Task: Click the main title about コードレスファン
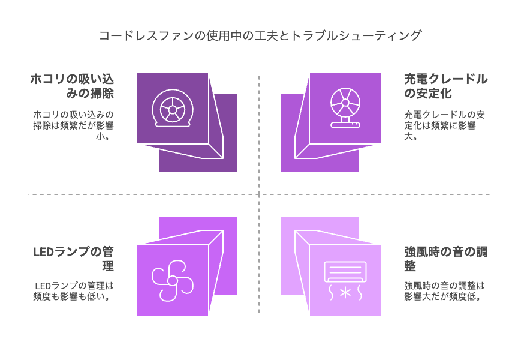click(x=260, y=35)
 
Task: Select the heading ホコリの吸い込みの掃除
click(x=72, y=86)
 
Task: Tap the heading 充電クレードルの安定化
click(x=445, y=86)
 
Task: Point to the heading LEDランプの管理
click(x=73, y=259)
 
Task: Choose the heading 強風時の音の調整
click(x=445, y=259)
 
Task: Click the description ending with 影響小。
click(x=73, y=125)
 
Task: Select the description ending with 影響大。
click(x=444, y=125)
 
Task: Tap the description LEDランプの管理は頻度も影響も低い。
click(x=73, y=291)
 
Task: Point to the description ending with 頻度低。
click(x=444, y=291)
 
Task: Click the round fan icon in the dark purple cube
click(x=173, y=108)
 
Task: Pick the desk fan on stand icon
click(x=345, y=108)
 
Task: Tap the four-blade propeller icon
click(x=173, y=281)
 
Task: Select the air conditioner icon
click(x=345, y=272)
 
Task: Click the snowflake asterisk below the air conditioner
click(x=345, y=293)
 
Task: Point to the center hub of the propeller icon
click(x=173, y=281)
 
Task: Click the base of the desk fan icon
click(x=345, y=125)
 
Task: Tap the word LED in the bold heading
click(x=43, y=252)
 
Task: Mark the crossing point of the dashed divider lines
click(x=259, y=194)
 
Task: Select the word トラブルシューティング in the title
click(x=356, y=35)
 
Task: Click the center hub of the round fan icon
click(x=173, y=109)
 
